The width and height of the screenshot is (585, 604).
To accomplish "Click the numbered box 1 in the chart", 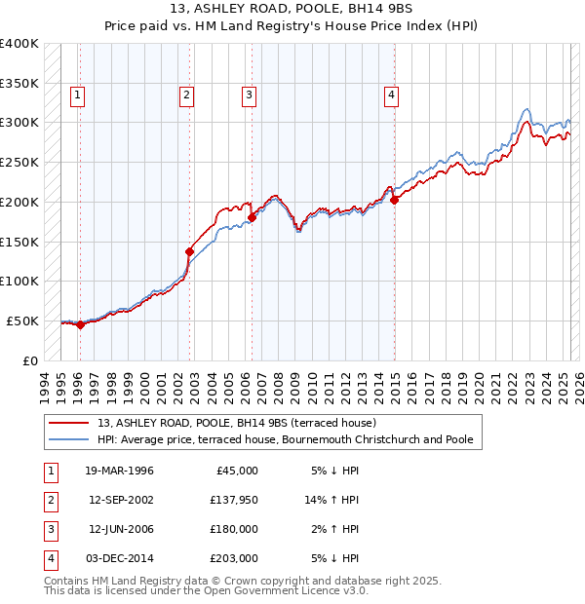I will pyautogui.click(x=77, y=94).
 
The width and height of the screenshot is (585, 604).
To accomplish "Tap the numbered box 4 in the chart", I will pyautogui.click(x=390, y=94).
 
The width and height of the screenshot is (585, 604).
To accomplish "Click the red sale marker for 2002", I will pyautogui.click(x=189, y=250).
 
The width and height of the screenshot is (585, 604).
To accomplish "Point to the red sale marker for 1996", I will pyautogui.click(x=80, y=325).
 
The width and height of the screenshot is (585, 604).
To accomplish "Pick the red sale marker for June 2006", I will pyautogui.click(x=252, y=217).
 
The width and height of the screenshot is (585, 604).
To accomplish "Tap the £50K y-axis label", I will pyautogui.click(x=23, y=321).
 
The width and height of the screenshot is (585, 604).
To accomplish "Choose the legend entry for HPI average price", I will pyautogui.click(x=285, y=440).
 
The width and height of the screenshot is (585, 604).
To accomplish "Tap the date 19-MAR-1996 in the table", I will pyautogui.click(x=120, y=471).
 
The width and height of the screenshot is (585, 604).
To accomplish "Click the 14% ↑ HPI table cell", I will pyautogui.click(x=331, y=500).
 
